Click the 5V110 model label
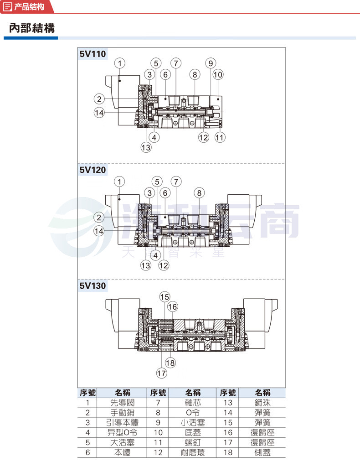[x=93, y=54]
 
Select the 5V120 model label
[x=93, y=170]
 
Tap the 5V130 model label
[x=93, y=285]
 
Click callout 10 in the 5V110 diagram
[x=218, y=74]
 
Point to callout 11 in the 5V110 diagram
[x=220, y=137]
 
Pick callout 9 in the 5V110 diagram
[x=211, y=63]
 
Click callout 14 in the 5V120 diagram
[x=99, y=231]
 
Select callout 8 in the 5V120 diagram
[x=199, y=193]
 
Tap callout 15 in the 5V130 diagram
[x=165, y=296]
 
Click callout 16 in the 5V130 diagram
[x=173, y=306]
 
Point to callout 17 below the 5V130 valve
[x=162, y=373]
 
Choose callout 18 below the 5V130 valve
[x=170, y=363]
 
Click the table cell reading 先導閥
[x=122, y=403]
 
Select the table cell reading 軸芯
[x=192, y=403]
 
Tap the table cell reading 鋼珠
[x=262, y=403]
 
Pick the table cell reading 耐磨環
[x=192, y=452]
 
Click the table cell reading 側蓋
[x=262, y=452]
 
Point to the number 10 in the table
[x=158, y=432]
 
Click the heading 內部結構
[x=32, y=28]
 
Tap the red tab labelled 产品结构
[x=27, y=6]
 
